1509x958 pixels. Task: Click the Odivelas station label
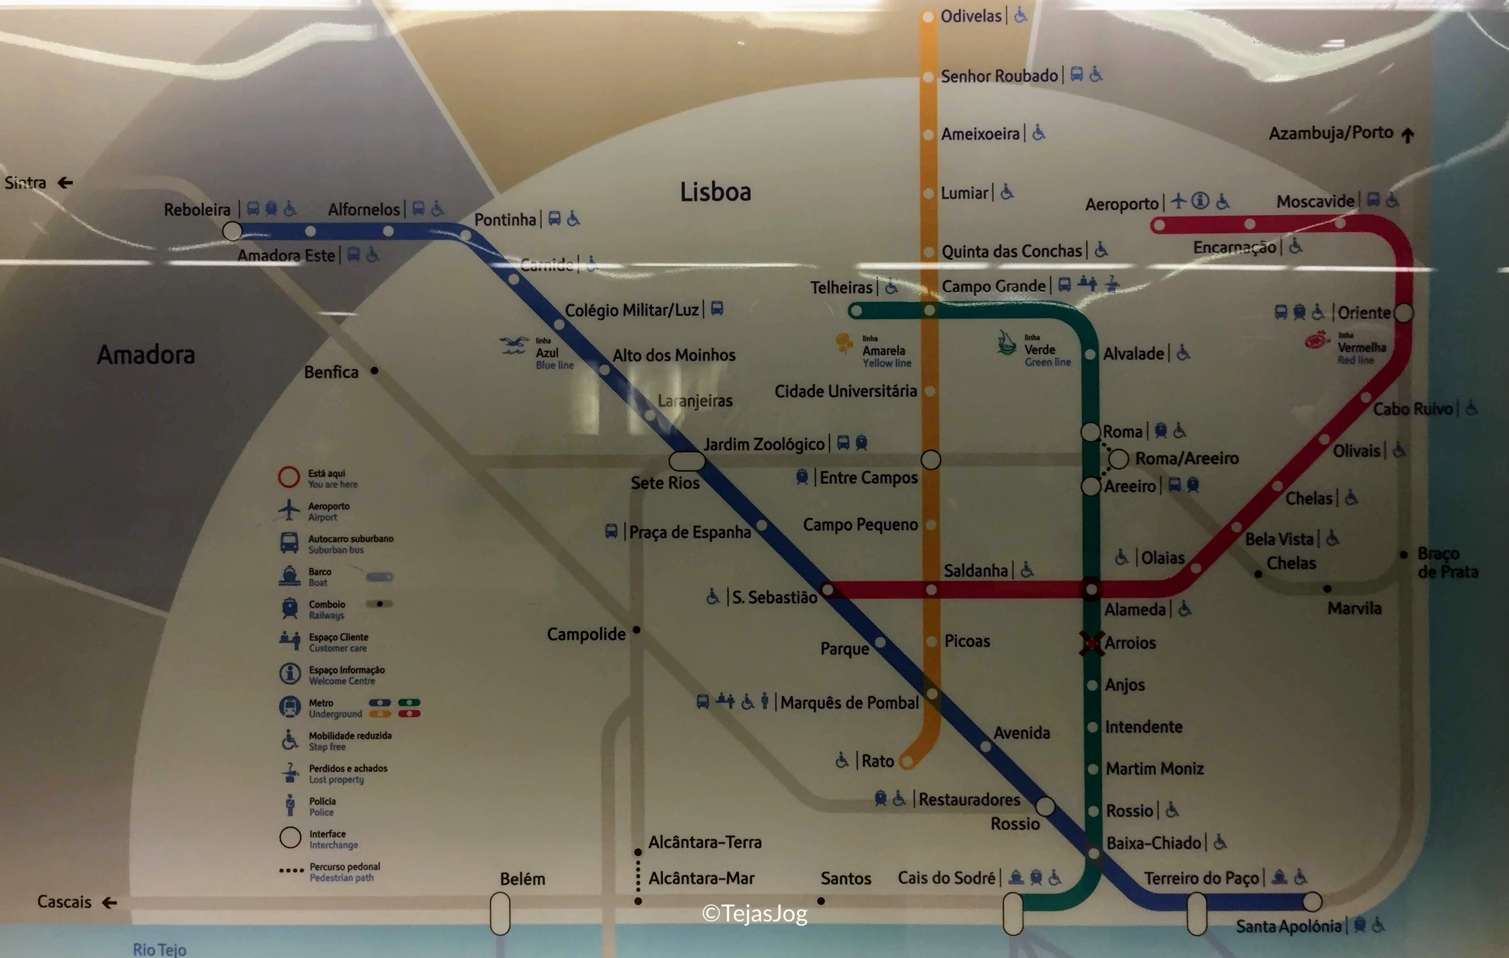(x=971, y=16)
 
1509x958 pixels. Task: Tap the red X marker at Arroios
(x=1092, y=643)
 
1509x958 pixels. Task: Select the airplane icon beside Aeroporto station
(x=1179, y=200)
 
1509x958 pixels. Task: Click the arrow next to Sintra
(x=65, y=182)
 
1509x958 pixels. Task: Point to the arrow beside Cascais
(x=110, y=902)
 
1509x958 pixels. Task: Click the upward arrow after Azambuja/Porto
(x=1408, y=134)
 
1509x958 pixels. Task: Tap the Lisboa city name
(x=715, y=192)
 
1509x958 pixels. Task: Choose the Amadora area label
(x=146, y=355)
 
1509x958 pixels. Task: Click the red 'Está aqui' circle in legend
(x=288, y=477)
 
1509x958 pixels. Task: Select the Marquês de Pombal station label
(x=849, y=702)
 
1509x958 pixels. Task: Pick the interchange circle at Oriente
(x=1403, y=312)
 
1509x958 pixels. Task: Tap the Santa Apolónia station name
(x=1288, y=926)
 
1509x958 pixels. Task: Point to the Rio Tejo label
(x=159, y=949)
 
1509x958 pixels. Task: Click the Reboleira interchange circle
(x=232, y=231)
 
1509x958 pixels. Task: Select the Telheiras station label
(x=841, y=288)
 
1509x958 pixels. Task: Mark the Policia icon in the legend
(x=289, y=806)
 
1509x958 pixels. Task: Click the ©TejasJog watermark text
(x=754, y=914)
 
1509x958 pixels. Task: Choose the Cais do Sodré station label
(x=945, y=878)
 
